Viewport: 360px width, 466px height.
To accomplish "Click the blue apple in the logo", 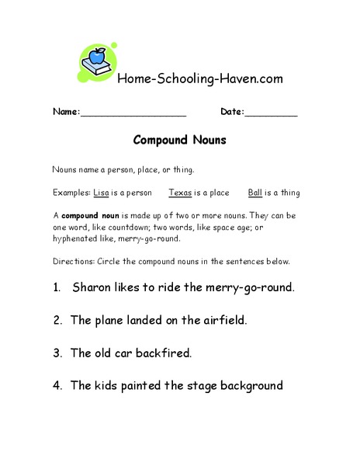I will (98, 56).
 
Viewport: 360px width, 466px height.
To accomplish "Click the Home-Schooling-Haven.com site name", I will (199, 78).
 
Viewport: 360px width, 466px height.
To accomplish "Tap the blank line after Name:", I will (133, 113).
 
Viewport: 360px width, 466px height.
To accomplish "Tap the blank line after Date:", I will (271, 113).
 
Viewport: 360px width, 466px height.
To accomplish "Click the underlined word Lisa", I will (101, 193).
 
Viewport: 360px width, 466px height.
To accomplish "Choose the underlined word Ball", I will (255, 193).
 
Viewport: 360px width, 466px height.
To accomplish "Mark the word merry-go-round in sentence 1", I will (246, 287).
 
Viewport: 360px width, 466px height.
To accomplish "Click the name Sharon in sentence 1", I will (94, 287).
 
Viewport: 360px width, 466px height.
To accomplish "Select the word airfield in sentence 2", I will (227, 320).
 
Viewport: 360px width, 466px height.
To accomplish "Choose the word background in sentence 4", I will (244, 385).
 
